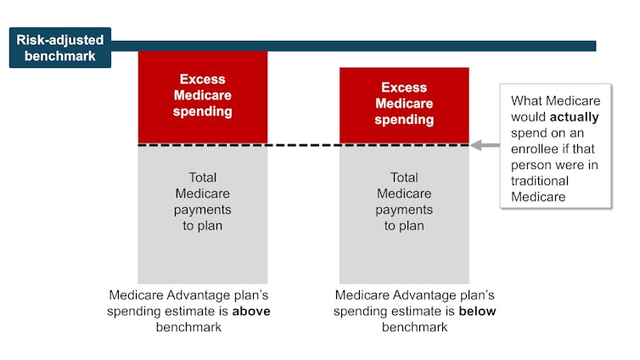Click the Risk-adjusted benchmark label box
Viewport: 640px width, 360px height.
tap(59, 48)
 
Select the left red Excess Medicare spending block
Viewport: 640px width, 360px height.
tap(202, 97)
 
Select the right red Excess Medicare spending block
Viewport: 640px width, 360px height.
tap(404, 105)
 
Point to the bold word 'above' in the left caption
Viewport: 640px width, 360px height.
tap(252, 311)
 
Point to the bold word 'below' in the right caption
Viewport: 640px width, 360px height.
tap(477, 311)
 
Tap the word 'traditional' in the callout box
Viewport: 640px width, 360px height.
tap(540, 181)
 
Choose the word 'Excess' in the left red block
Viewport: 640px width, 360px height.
tap(202, 79)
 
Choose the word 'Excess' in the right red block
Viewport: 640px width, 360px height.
tap(404, 87)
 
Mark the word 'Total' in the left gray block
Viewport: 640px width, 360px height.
tap(202, 177)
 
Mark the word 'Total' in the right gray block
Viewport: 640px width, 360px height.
tap(404, 177)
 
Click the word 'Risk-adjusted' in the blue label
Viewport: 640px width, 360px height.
tap(59, 39)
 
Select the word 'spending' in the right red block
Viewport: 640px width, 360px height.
tap(404, 120)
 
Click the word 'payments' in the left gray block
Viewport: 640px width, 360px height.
tap(202, 209)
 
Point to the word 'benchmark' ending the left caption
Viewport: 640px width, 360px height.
tap(188, 327)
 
